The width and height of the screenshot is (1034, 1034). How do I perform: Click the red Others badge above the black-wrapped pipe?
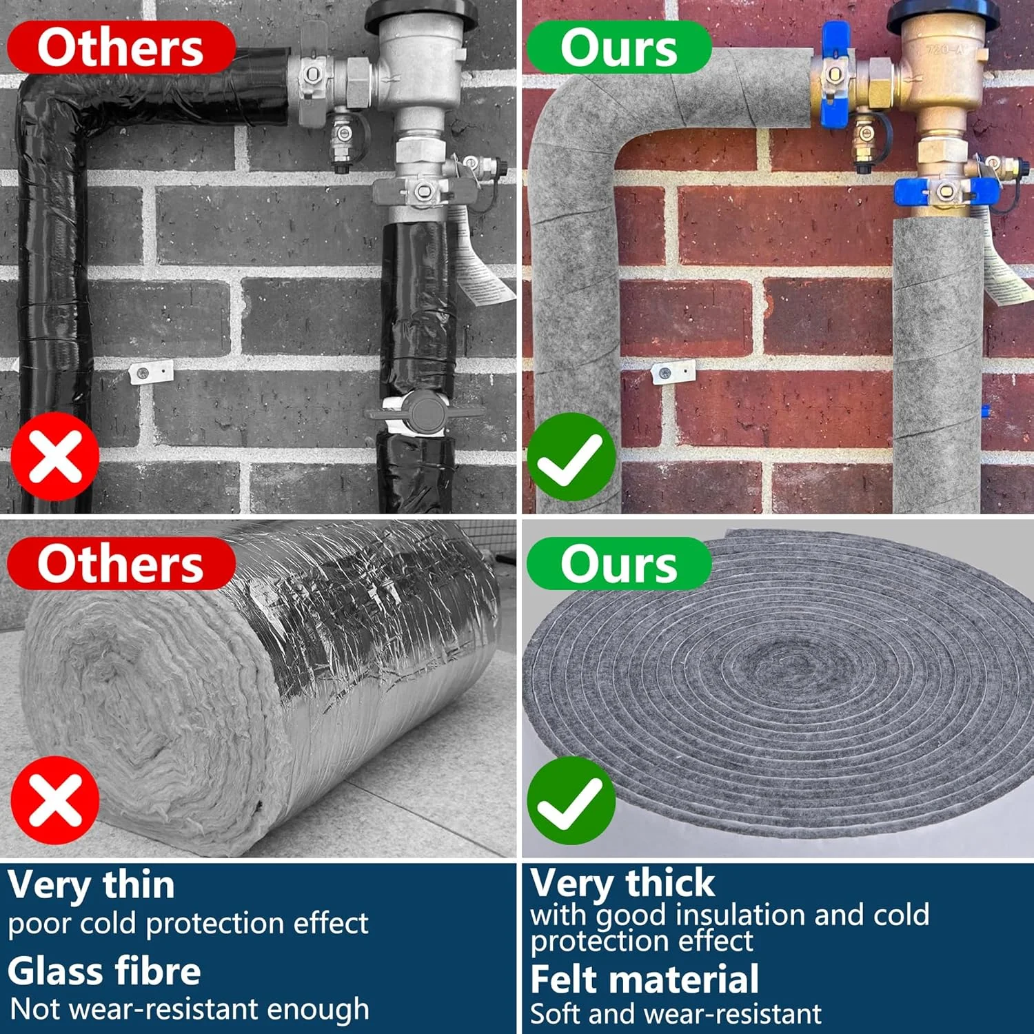[121, 47]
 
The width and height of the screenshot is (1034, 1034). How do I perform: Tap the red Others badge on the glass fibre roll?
[121, 563]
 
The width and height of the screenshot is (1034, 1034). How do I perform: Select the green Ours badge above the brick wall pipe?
[618, 47]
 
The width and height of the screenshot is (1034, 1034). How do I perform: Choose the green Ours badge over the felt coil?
[618, 563]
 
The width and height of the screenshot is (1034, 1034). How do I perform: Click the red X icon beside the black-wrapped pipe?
[55, 457]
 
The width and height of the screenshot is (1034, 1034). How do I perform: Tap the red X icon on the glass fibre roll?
[55, 800]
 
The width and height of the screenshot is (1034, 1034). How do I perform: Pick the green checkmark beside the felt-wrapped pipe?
[571, 457]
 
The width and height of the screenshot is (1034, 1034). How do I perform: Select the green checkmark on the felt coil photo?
[571, 800]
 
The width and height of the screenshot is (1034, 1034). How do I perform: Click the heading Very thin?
[91, 885]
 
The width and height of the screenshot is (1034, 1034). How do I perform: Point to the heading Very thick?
[622, 883]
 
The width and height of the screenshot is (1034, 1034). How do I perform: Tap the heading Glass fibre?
[104, 971]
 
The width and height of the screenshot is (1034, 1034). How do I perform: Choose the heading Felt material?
[645, 979]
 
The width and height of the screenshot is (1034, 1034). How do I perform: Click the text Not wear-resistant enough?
[190, 1010]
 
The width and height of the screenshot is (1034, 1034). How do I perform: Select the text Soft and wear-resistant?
[676, 1014]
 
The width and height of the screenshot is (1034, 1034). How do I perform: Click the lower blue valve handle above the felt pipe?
[946, 193]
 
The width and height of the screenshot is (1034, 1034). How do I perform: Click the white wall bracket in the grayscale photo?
[151, 372]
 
